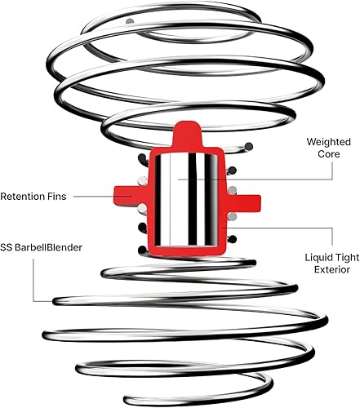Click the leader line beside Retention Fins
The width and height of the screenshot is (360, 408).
102,197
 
